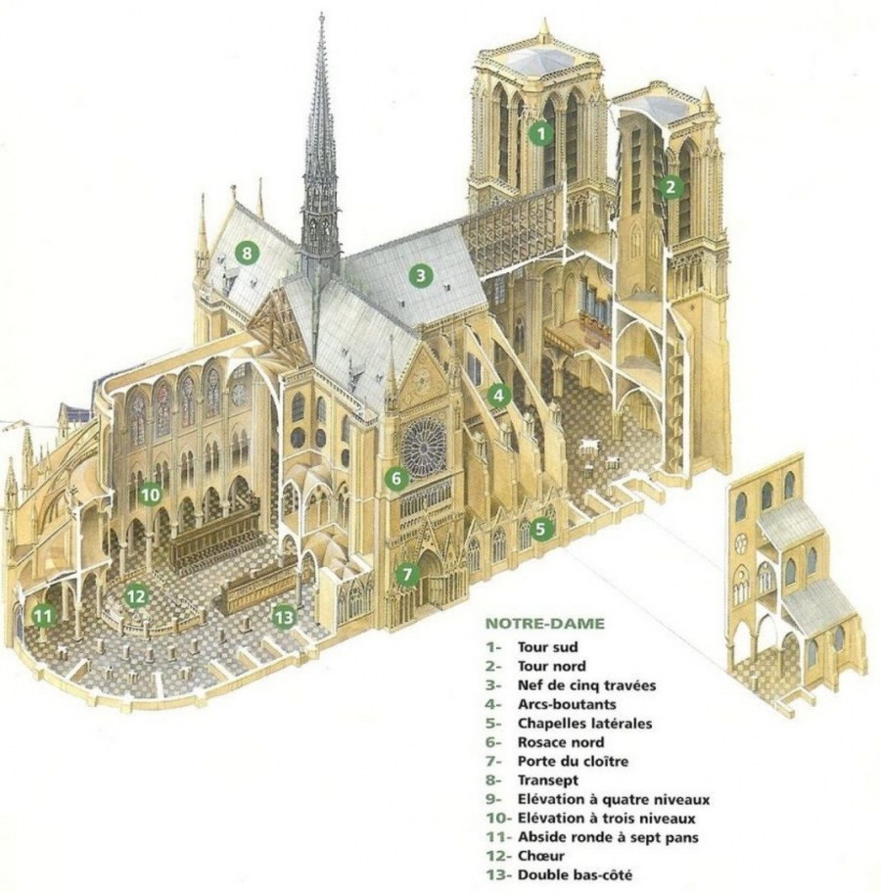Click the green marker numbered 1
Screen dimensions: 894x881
click(x=537, y=133)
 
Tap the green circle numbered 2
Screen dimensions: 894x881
click(x=670, y=186)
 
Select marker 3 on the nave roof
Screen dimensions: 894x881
click(x=421, y=275)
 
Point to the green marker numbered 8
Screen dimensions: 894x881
click(x=247, y=254)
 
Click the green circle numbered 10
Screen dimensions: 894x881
click(x=149, y=494)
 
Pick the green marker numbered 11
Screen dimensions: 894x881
click(x=42, y=615)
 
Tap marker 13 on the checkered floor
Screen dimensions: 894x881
click(x=284, y=616)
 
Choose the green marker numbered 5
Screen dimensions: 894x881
click(x=542, y=529)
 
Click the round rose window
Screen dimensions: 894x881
click(x=423, y=447)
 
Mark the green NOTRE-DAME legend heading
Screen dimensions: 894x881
click(x=545, y=623)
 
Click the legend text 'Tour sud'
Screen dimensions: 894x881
click(x=548, y=647)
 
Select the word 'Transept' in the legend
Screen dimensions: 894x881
click(x=548, y=780)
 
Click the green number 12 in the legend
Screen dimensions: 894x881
click(x=496, y=856)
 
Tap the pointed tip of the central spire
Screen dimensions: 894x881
click(x=321, y=14)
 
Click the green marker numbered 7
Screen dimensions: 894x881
click(x=407, y=573)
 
